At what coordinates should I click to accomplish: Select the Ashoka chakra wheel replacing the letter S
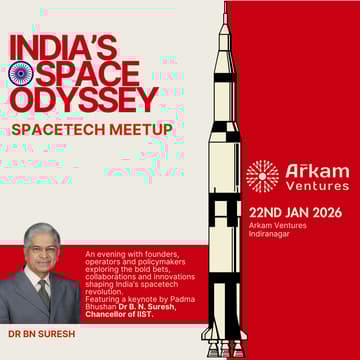coord(21,74)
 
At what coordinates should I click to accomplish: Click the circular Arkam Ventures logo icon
coord(262,176)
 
